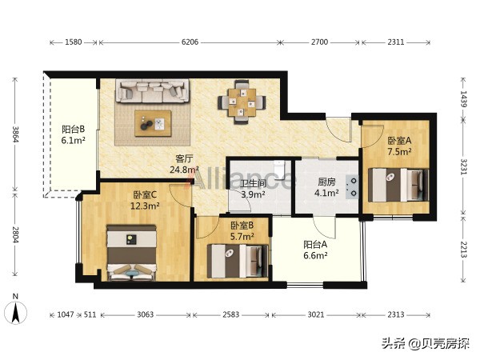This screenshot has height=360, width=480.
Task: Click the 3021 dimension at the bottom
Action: (315, 314)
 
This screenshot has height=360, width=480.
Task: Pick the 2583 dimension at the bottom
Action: (230, 314)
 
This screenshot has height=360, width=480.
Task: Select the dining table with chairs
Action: (243, 102)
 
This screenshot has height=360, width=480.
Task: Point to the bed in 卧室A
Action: (397, 185)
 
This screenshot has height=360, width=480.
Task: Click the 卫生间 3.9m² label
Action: (253, 188)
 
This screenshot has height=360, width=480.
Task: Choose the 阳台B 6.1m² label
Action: (74, 134)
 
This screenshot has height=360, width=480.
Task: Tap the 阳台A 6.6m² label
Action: (317, 250)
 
